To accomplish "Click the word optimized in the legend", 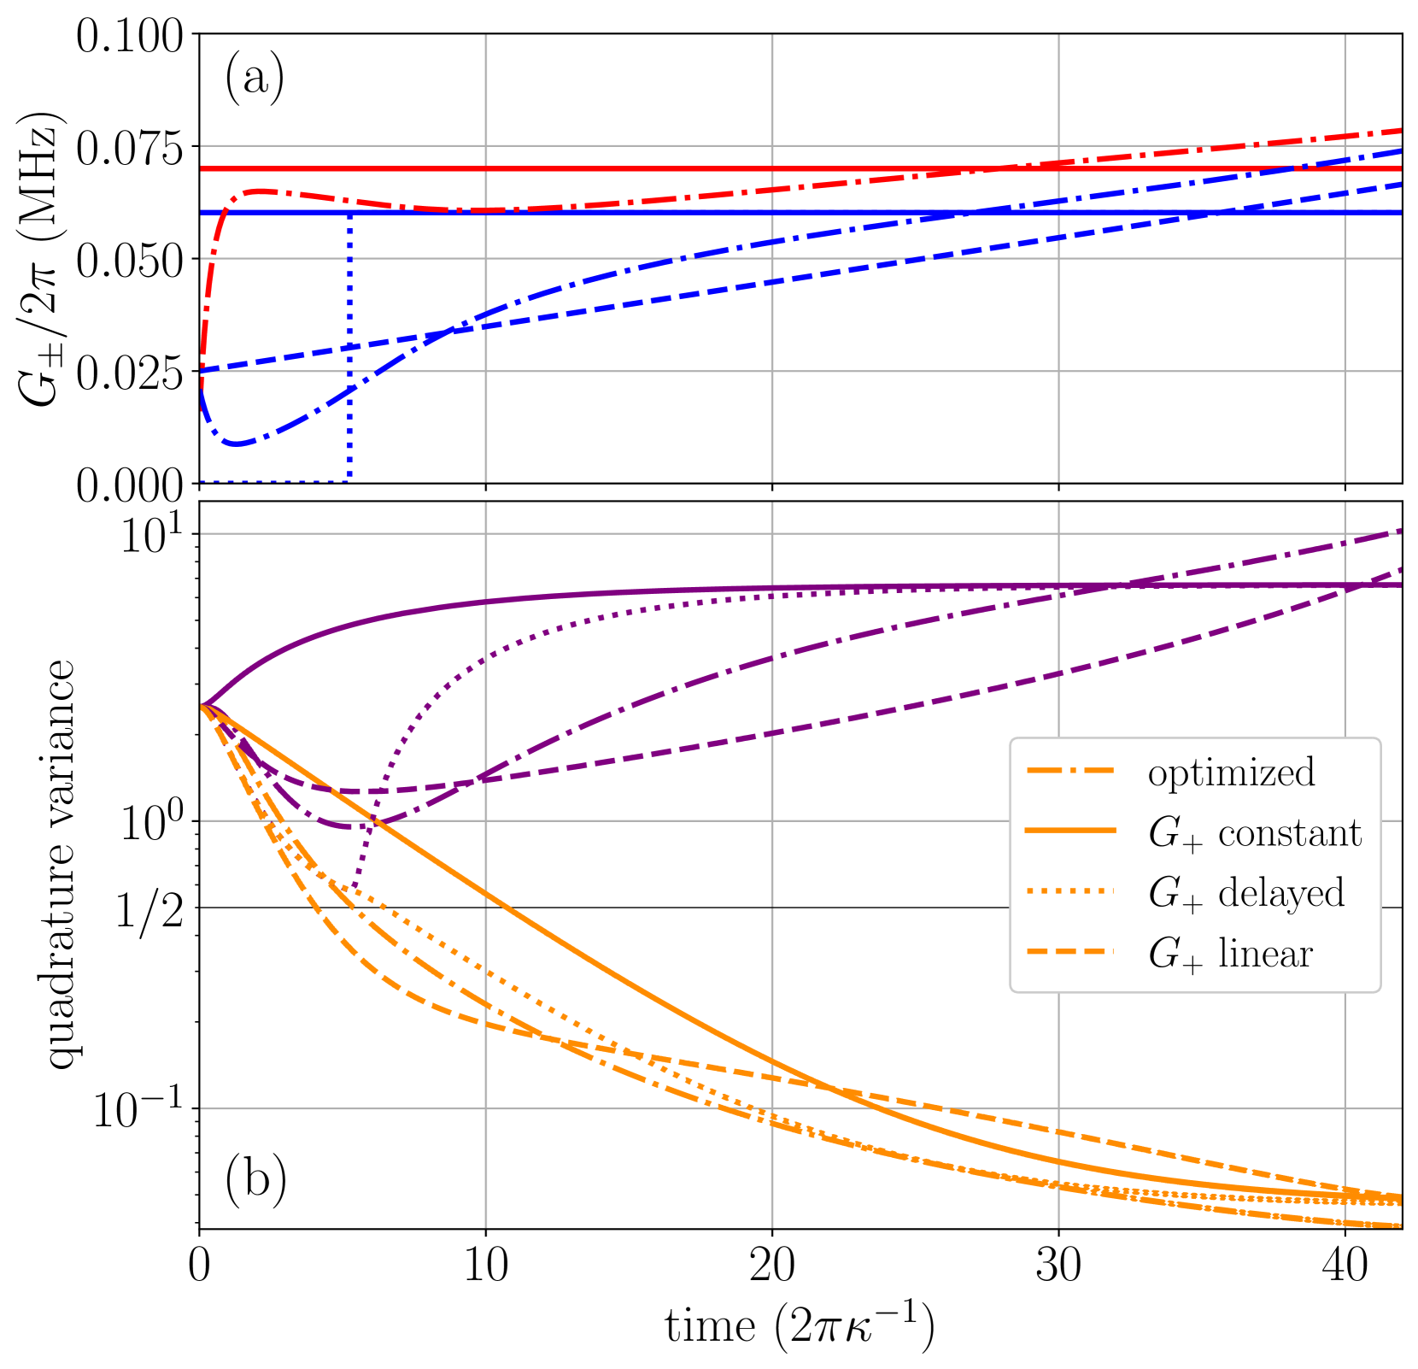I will pyautogui.click(x=1231, y=773).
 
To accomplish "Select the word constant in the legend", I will pyautogui.click(x=1289, y=833).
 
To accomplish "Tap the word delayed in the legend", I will pyautogui.click(x=1280, y=893).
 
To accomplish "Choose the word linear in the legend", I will pyautogui.click(x=1265, y=954).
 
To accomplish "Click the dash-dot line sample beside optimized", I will pyautogui.click(x=1071, y=771).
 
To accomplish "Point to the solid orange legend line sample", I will pyautogui.click(x=1071, y=831).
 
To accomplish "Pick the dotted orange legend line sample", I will pyautogui.click(x=1071, y=891).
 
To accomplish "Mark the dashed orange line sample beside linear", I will pyautogui.click(x=1071, y=951).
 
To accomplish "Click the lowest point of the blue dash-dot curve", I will pyautogui.click(x=238, y=444).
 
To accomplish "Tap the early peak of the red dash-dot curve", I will pyautogui.click(x=261, y=191).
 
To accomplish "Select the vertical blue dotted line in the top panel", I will pyautogui.click(x=349, y=359).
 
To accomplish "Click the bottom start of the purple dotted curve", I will pyautogui.click(x=352, y=889).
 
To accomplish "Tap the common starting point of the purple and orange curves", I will pyautogui.click(x=202, y=706).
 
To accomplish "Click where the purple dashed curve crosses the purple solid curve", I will pyautogui.click(x=1350, y=585).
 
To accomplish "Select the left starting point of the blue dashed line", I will pyautogui.click(x=202, y=371).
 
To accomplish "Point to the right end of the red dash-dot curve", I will pyautogui.click(x=1399, y=131).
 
